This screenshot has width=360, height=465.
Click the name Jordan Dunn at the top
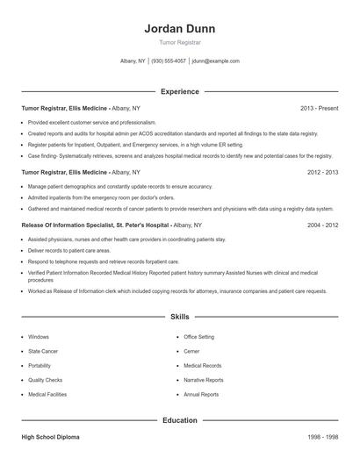tap(179, 28)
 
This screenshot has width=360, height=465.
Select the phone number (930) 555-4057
tap(169, 61)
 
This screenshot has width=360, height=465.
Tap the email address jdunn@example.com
tap(215, 61)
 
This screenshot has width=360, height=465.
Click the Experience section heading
tap(179, 91)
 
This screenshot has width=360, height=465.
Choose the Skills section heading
tap(179, 315)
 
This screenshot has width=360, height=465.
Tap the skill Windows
tap(39, 336)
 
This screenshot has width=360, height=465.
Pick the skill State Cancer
tap(42, 351)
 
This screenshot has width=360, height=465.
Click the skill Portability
tap(40, 365)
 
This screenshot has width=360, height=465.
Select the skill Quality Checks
tap(45, 380)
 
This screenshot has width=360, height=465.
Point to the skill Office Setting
tap(198, 336)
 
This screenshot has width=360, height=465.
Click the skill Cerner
tap(191, 351)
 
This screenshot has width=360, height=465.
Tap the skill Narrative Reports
tap(203, 380)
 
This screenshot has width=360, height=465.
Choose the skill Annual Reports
tap(201, 394)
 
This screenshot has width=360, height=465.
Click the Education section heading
tap(179, 420)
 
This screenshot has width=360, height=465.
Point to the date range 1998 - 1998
tap(323, 436)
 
